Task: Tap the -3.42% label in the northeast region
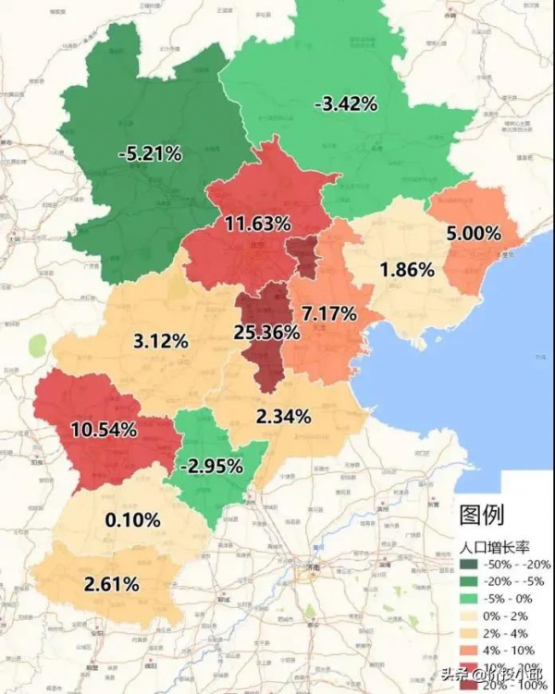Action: tap(346, 103)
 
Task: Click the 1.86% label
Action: tap(406, 270)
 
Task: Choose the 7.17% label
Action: tap(328, 313)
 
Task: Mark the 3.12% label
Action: tap(161, 341)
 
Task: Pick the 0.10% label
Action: tap(133, 519)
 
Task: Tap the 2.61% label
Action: tap(111, 583)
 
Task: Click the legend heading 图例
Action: tap(481, 515)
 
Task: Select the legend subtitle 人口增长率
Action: tap(492, 546)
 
